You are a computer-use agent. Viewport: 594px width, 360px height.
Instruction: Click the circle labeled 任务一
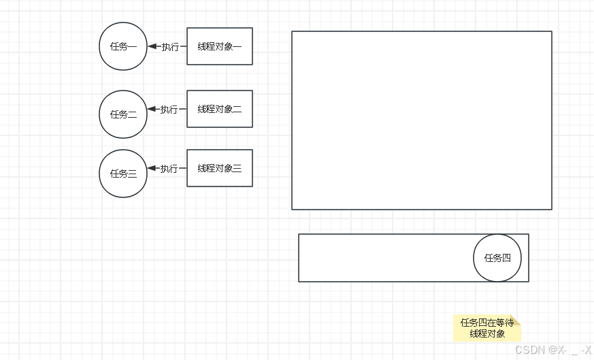123,46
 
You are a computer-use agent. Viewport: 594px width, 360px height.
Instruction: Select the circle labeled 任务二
123,114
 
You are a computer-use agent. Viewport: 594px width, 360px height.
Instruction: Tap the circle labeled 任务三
123,174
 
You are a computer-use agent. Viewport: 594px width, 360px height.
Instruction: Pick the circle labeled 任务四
497,258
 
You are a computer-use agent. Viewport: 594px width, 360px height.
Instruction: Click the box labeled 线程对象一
220,46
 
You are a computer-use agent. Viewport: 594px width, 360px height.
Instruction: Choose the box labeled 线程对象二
220,109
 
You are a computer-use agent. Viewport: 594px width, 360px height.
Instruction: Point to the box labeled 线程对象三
220,168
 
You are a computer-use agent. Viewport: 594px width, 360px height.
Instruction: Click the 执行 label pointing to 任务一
170,47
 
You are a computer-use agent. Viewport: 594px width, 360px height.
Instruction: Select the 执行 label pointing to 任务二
169,110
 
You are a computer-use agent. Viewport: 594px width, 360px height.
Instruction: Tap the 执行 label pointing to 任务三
169,169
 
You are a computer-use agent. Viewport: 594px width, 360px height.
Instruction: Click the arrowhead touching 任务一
152,46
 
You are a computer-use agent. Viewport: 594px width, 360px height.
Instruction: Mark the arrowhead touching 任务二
152,109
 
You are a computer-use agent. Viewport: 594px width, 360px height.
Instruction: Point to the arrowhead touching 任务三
152,168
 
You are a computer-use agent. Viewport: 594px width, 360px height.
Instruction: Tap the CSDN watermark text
552,350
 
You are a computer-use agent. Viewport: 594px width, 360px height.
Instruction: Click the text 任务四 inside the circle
497,258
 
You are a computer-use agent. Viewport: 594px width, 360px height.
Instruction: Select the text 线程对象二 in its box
220,109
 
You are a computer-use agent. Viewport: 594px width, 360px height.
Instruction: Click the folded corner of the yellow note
516,320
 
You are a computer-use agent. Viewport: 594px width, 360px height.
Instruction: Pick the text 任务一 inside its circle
123,46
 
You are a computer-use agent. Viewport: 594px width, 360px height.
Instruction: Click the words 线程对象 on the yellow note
487,333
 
